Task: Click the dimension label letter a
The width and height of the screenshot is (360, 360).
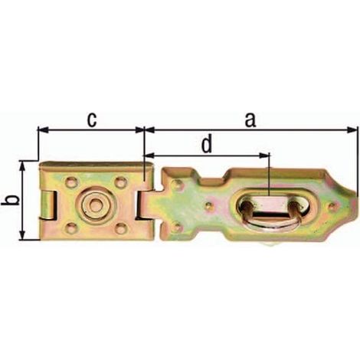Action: [250, 120]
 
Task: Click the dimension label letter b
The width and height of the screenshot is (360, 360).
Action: [13, 200]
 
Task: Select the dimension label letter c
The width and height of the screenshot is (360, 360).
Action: [92, 120]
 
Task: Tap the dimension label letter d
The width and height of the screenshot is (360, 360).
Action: [207, 145]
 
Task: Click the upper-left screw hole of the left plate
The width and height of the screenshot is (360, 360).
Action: [71, 182]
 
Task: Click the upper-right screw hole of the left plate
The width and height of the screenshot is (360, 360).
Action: [119, 182]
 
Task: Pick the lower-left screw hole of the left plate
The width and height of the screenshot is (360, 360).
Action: [71, 227]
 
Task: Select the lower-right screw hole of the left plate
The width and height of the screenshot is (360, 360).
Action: [119, 227]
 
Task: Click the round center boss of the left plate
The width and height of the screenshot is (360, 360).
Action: [95, 205]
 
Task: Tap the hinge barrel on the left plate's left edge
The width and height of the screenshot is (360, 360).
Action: [47, 205]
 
